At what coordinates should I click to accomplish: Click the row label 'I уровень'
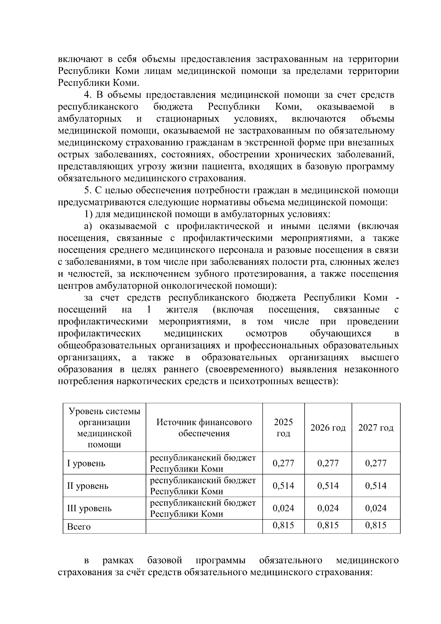click(x=86, y=463)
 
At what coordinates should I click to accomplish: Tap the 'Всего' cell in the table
click(x=79, y=527)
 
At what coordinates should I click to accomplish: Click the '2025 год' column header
click(x=283, y=427)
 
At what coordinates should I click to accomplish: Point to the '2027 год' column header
click(x=376, y=428)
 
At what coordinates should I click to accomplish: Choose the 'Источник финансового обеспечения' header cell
click(x=204, y=427)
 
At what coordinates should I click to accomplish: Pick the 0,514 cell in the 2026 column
click(x=328, y=486)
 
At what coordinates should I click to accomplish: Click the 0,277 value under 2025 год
click(x=283, y=463)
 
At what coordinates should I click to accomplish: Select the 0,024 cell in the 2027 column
click(x=376, y=508)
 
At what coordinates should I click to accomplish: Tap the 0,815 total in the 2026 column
click(x=328, y=525)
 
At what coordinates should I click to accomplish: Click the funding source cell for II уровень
click(x=203, y=486)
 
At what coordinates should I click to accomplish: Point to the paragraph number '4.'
click(x=88, y=95)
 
